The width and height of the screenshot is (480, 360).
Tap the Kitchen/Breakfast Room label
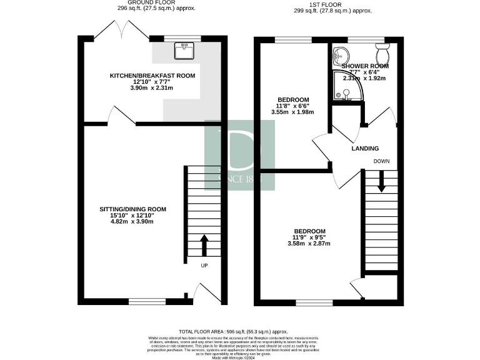point(152,76)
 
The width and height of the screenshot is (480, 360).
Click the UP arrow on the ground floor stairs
point(204,244)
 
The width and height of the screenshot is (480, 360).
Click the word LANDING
point(365,149)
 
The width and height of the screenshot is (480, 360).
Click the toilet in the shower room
point(382,49)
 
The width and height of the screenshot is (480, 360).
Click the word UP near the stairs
point(204,266)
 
